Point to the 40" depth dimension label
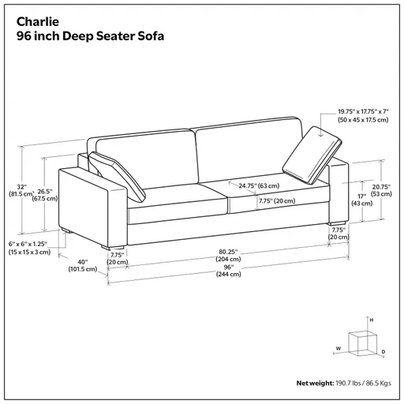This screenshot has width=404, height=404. tap(82, 264)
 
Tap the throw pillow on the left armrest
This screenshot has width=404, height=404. tap(111, 168)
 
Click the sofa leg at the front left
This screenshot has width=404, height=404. tap(72, 233)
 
